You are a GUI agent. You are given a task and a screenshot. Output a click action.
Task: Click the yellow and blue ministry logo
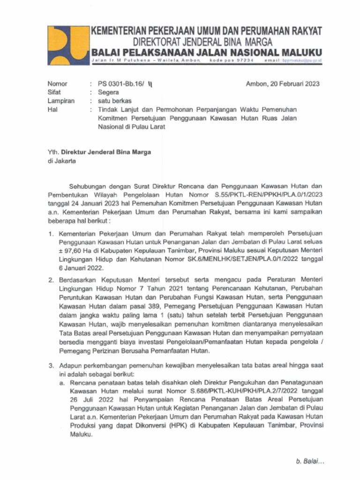pos(67,45)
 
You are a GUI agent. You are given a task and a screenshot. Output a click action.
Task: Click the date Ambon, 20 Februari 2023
pos(283,84)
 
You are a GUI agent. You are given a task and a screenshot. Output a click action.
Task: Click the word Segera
pos(108,92)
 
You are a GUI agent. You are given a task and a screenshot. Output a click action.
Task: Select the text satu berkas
pos(115,101)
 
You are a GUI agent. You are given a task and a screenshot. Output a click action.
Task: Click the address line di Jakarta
pos(61,161)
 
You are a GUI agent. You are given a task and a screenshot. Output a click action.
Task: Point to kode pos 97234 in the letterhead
pos(232,61)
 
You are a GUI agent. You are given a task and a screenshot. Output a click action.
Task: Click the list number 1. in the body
pos(52,233)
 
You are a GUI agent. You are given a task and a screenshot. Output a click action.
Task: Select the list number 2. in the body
pos(52,280)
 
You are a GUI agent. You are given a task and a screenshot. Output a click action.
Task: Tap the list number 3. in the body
pos(52,365)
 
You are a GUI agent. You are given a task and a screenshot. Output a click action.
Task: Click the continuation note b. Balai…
pos(310,461)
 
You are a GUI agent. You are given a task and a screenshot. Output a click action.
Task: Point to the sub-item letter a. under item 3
pos(62,383)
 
